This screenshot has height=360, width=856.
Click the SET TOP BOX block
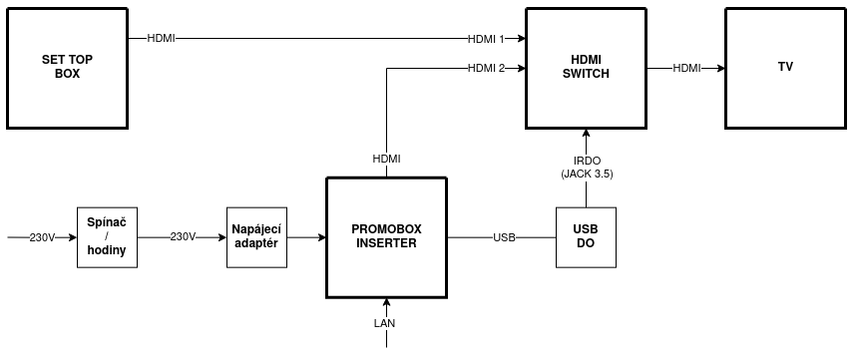(67, 68)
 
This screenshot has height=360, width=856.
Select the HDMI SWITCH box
(586, 68)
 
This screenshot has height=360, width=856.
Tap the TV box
(785, 68)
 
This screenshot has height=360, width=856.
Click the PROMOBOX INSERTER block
(386, 237)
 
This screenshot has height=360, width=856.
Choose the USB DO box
(586, 237)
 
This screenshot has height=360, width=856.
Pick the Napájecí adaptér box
(256, 237)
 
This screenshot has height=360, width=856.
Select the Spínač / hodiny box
(107, 237)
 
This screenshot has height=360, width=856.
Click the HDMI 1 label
(487, 39)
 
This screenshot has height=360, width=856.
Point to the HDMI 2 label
(487, 68)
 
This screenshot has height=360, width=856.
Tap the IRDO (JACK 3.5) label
(587, 167)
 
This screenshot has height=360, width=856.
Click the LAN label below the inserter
(385, 323)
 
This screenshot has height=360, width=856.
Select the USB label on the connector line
(504, 237)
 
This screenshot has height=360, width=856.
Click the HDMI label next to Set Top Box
(161, 39)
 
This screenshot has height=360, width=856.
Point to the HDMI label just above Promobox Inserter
(386, 159)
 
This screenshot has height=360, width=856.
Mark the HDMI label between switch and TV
(686, 68)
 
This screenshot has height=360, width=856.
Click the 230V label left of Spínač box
(42, 237)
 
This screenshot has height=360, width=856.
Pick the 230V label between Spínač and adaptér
(183, 237)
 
